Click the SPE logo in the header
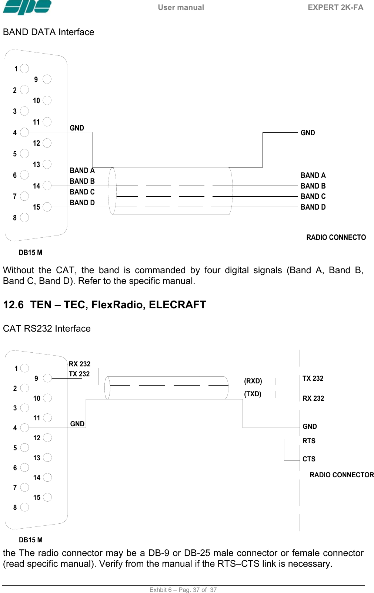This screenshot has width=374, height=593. (27, 7)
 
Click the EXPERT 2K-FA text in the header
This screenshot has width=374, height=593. (335, 7)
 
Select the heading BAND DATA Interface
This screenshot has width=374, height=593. (49, 32)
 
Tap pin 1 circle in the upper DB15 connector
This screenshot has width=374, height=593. (24, 68)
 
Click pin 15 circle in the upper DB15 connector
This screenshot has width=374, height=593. (47, 207)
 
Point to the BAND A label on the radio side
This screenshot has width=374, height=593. (313, 175)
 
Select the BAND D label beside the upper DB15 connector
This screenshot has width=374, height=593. (82, 203)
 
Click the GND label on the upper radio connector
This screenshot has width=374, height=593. (308, 133)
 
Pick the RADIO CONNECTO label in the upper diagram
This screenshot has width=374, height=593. (336, 237)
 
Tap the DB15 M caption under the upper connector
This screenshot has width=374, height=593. (30, 253)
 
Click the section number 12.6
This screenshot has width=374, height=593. (13, 305)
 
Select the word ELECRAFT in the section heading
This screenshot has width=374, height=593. (177, 305)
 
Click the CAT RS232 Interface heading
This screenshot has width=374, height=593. (47, 329)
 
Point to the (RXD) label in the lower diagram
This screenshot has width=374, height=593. (253, 381)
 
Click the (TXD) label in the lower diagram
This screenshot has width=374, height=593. (253, 394)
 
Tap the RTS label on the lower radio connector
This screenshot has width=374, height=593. (309, 441)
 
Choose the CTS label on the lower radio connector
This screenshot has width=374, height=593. (309, 459)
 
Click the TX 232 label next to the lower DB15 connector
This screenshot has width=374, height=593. (79, 374)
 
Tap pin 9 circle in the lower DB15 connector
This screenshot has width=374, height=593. (47, 378)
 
